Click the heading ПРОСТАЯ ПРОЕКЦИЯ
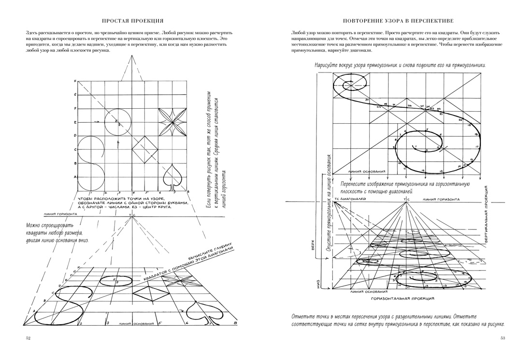click(x=132, y=21)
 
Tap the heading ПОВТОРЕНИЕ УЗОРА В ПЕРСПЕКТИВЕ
click(x=398, y=21)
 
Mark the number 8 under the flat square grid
click(x=187, y=196)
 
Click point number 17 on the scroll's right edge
click(x=476, y=146)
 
